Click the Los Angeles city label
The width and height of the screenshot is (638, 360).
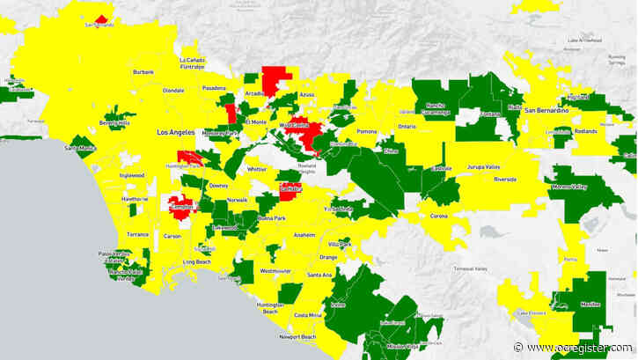pos(173,132)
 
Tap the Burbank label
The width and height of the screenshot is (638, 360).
pos(143,72)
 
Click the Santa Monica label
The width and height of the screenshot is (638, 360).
pos(81,149)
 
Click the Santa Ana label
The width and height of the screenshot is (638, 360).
pos(320,276)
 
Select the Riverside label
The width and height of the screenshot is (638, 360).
pos(505,179)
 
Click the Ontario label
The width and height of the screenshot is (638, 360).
pos(407,127)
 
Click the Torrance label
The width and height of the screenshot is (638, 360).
pos(137,235)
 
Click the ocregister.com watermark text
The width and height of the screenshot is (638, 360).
pos(579,347)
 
